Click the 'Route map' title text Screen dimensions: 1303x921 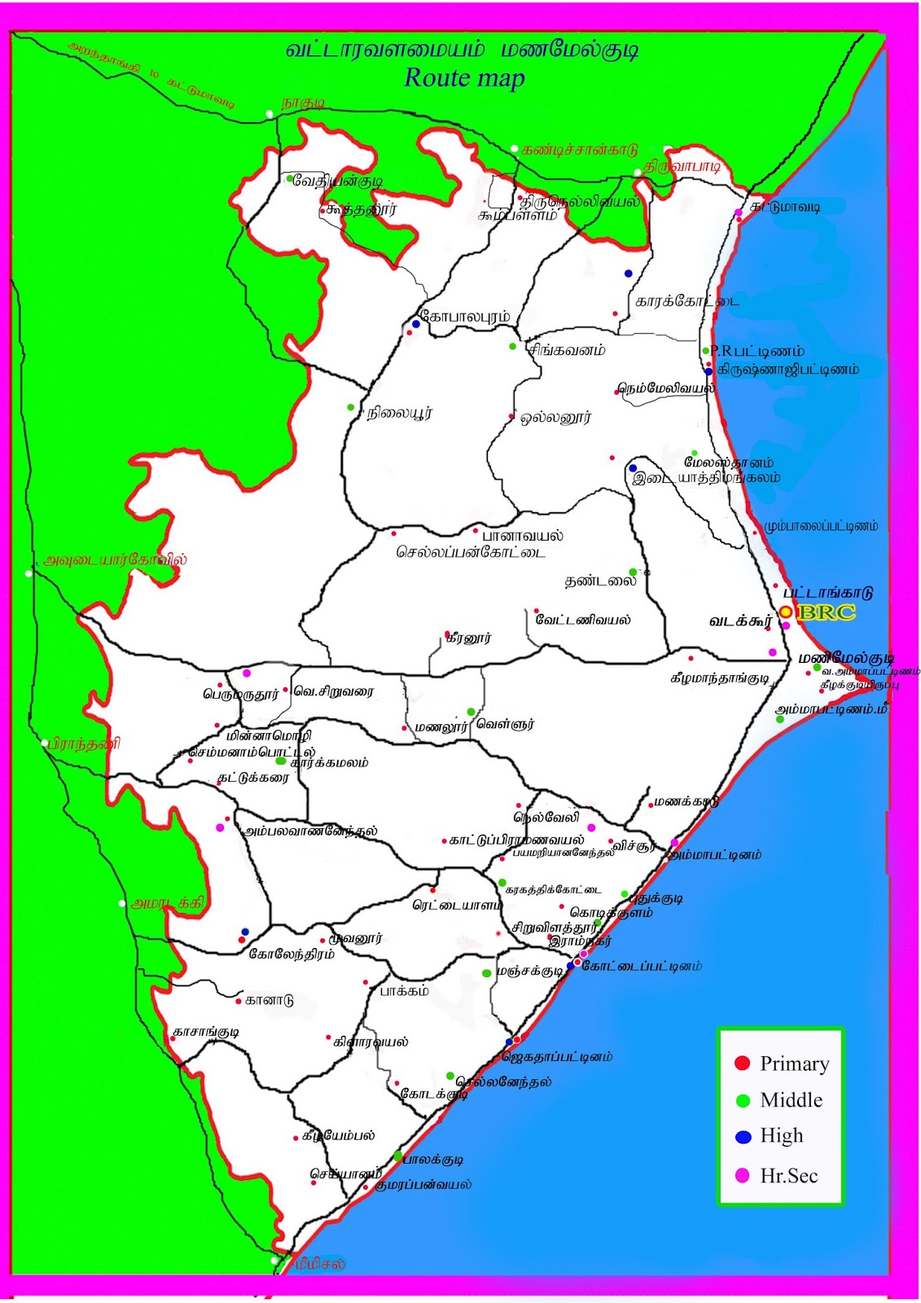(x=464, y=78)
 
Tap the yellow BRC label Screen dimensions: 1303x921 (x=827, y=613)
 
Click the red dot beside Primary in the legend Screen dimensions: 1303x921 (x=742, y=1063)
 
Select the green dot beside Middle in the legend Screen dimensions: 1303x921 (x=742, y=1100)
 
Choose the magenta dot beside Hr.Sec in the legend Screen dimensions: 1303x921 (x=742, y=1175)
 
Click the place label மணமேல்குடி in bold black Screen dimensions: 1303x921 (x=847, y=657)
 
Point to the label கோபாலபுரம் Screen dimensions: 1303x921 (x=465, y=316)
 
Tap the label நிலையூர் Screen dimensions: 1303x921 (x=400, y=413)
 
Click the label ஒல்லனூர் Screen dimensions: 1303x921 (x=556, y=418)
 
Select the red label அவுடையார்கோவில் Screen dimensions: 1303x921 (x=116, y=559)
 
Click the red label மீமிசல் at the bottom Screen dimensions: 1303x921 (x=320, y=1263)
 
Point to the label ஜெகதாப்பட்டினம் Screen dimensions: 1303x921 (x=557, y=1057)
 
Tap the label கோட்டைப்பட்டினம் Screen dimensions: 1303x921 (x=642, y=966)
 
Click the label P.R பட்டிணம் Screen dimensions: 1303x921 (x=757, y=351)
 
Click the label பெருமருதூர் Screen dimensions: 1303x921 (x=241, y=695)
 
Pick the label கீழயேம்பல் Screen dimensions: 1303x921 (x=339, y=1135)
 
